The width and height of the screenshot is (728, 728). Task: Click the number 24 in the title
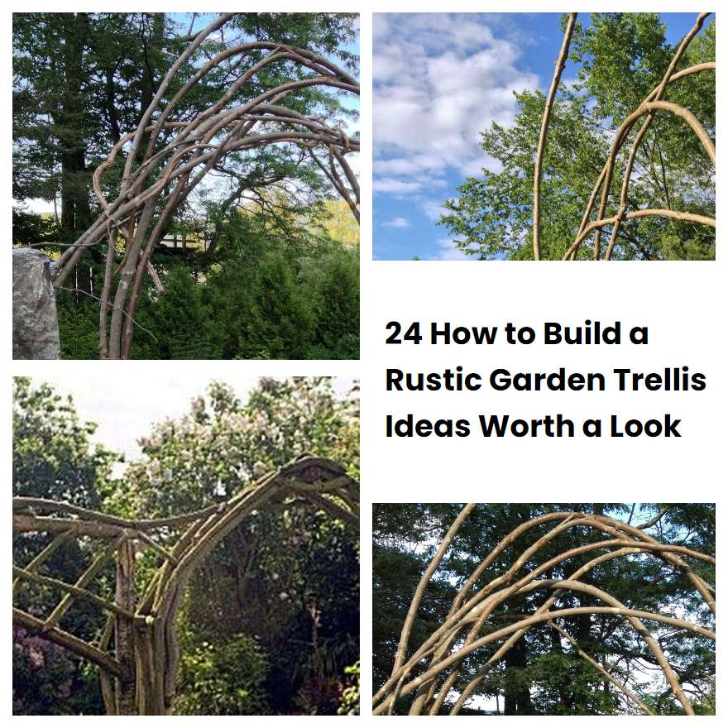(403, 334)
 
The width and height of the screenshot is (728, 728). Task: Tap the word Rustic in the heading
(433, 380)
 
